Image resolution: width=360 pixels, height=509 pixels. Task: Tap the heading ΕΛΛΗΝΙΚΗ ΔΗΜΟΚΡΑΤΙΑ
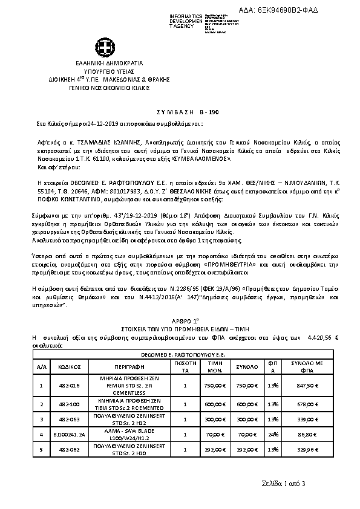[x=101, y=63]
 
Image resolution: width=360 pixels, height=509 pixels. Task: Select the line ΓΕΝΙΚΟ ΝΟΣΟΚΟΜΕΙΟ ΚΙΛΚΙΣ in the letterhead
[x=101, y=87]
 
